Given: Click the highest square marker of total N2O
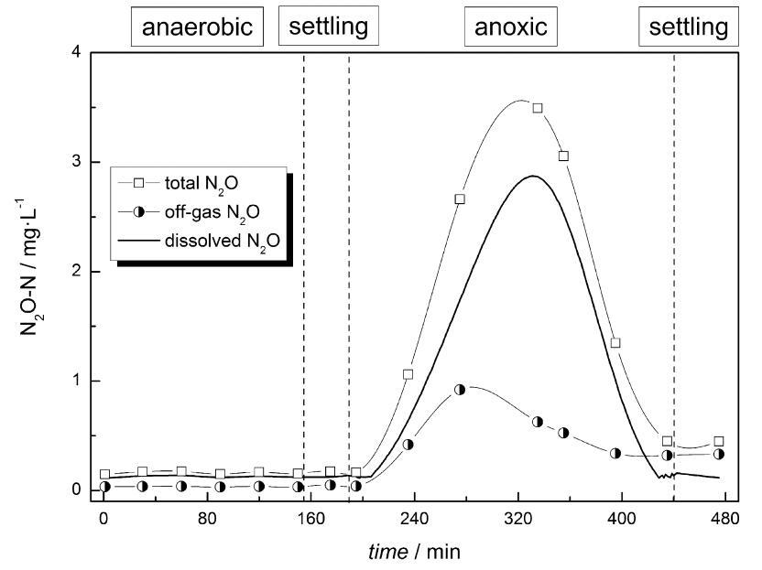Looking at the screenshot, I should click(x=538, y=108).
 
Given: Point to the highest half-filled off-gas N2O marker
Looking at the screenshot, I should click(x=460, y=389).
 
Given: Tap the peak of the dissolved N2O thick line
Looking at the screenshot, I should click(x=533, y=176).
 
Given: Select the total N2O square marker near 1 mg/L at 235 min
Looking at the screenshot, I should click(x=408, y=374).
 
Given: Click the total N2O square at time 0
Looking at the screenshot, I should click(x=104, y=475).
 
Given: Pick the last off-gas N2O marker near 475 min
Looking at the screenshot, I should click(x=719, y=454).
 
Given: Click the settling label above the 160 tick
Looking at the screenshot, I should click(x=328, y=27).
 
